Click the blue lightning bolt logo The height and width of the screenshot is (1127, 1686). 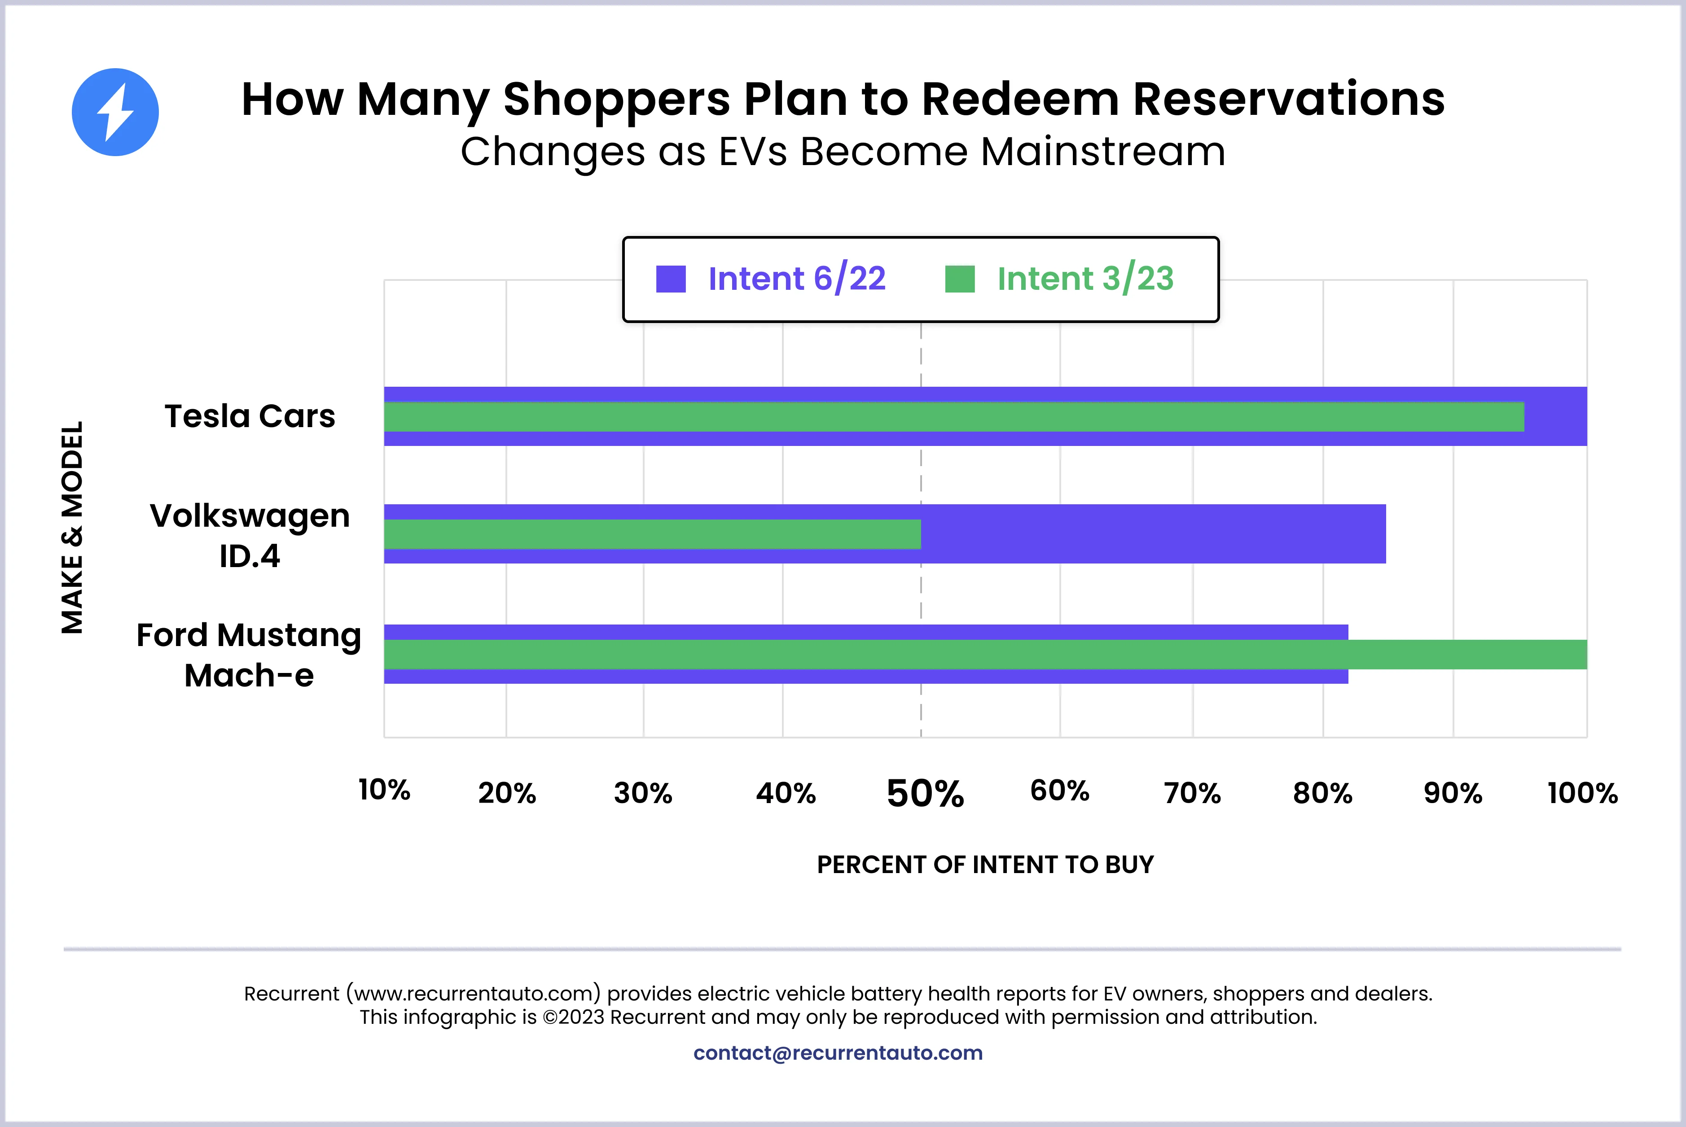[x=115, y=112]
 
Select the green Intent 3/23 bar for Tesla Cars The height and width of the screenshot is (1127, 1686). [x=953, y=417]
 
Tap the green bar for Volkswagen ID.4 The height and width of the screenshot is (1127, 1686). [x=652, y=534]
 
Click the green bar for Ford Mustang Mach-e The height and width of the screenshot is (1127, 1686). [x=985, y=654]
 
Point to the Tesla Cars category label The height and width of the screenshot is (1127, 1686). [x=250, y=416]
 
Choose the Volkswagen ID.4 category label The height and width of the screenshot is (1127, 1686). [x=250, y=536]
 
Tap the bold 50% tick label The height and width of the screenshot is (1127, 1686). [x=925, y=794]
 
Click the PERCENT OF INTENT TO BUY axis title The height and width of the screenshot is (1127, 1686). [x=985, y=865]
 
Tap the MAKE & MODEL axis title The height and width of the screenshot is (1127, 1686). [x=73, y=528]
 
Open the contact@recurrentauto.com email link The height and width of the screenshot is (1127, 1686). [x=838, y=1053]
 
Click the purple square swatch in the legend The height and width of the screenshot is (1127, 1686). [x=671, y=279]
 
